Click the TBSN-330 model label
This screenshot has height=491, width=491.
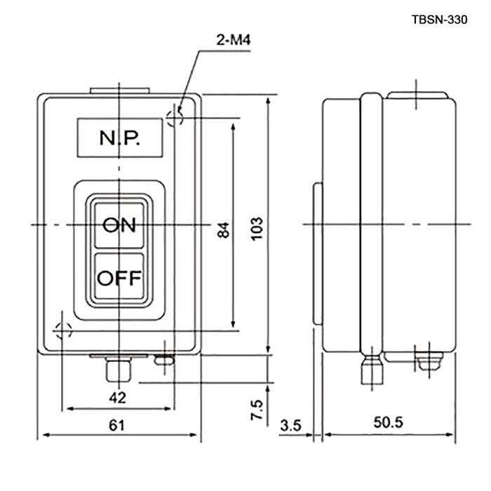pyautogui.click(x=439, y=20)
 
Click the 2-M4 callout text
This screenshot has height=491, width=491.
pyautogui.click(x=234, y=40)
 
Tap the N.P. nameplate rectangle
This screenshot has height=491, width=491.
pyautogui.click(x=120, y=137)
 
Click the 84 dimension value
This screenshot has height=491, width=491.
pyautogui.click(x=223, y=230)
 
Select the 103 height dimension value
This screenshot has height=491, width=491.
pyautogui.click(x=257, y=229)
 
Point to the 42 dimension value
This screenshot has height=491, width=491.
pyautogui.click(x=117, y=398)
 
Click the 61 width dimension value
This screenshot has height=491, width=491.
pyautogui.click(x=116, y=425)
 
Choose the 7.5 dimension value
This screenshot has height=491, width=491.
pyautogui.click(x=256, y=410)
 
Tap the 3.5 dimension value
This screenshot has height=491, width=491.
pyautogui.click(x=290, y=426)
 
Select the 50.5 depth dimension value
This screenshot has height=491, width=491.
pyautogui.click(x=388, y=422)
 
